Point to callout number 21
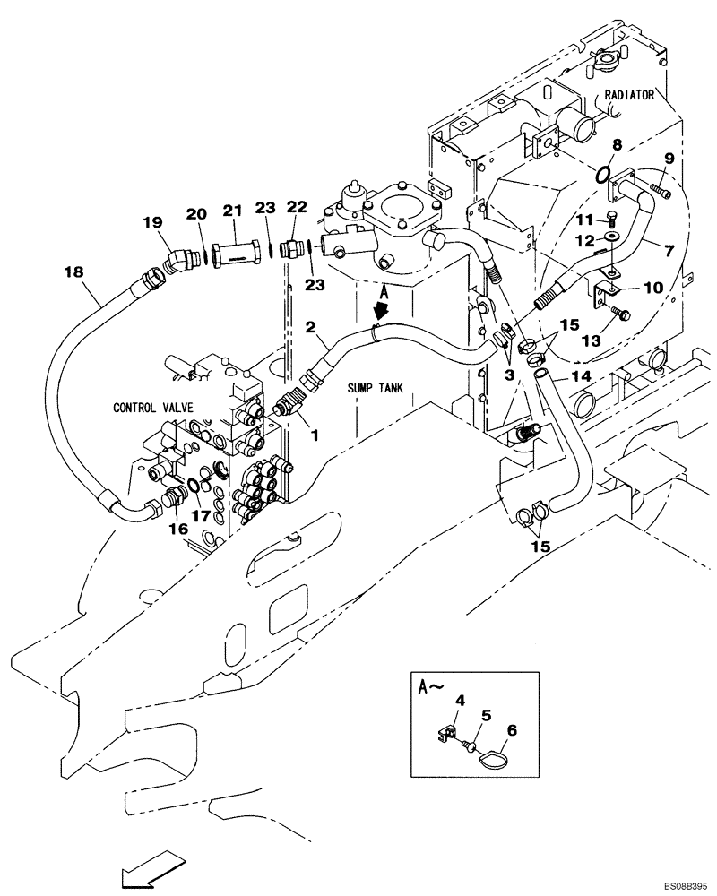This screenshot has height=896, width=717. (234, 211)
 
